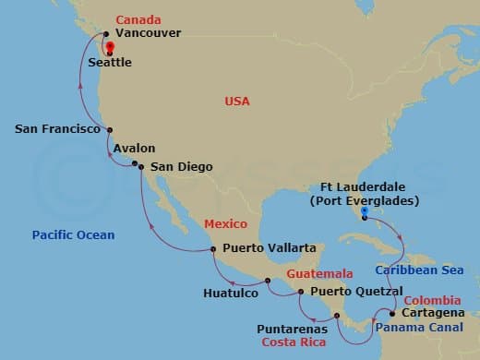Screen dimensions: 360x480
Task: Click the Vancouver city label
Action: click(x=147, y=33)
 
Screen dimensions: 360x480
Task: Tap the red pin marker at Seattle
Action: click(x=109, y=47)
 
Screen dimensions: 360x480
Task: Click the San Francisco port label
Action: click(x=57, y=129)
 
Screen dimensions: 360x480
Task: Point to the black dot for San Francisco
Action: click(x=109, y=130)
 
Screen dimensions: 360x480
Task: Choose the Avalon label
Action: click(x=134, y=148)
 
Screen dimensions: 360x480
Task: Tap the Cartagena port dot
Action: click(x=392, y=314)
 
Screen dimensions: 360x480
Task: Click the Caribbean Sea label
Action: click(x=419, y=270)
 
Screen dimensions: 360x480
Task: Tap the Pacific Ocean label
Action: click(x=73, y=235)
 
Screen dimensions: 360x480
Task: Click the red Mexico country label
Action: click(x=224, y=224)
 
